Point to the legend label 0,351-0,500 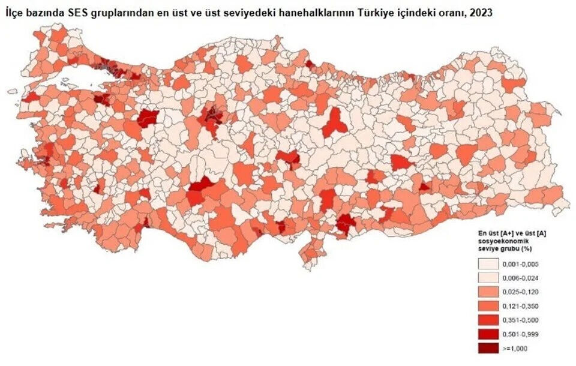click(521, 319)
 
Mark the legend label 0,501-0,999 click(521, 333)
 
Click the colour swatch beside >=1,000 click(489, 347)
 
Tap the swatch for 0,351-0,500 click(489, 319)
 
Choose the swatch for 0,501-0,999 click(489, 333)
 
